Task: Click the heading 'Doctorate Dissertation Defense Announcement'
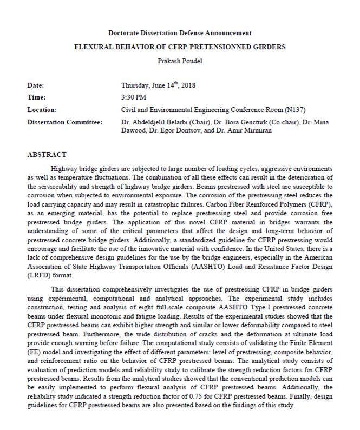pos(180,33)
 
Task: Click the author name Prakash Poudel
pos(180,61)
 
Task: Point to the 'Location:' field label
pos(42,110)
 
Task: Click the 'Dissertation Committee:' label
pos(64,122)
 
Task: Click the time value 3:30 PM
pos(134,97)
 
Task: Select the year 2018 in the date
pos(188,85)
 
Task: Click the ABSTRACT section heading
pos(47,155)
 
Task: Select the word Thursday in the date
pos(136,85)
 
